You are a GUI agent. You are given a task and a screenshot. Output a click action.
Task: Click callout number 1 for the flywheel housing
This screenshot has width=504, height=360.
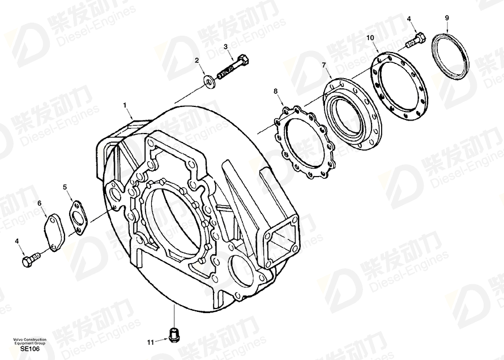tap(125, 105)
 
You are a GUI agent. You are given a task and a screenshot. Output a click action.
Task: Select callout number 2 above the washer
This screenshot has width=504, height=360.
tap(197, 61)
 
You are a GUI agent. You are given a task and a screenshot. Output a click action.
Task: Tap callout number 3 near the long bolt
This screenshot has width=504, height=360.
tap(225, 46)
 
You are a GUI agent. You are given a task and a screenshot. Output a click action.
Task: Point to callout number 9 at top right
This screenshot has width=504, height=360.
tap(447, 18)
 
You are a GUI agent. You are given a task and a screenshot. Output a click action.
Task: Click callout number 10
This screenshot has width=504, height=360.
tap(370, 38)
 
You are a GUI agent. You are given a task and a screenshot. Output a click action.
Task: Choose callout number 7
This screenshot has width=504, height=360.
tap(324, 65)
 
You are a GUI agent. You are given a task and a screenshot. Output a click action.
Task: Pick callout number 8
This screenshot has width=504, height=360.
tap(275, 92)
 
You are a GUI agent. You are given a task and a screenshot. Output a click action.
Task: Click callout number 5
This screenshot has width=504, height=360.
tap(65, 187)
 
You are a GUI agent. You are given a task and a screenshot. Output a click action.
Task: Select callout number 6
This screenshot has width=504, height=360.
tap(40, 203)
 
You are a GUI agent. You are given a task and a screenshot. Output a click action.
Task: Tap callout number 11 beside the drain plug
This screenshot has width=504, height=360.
tap(151, 342)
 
